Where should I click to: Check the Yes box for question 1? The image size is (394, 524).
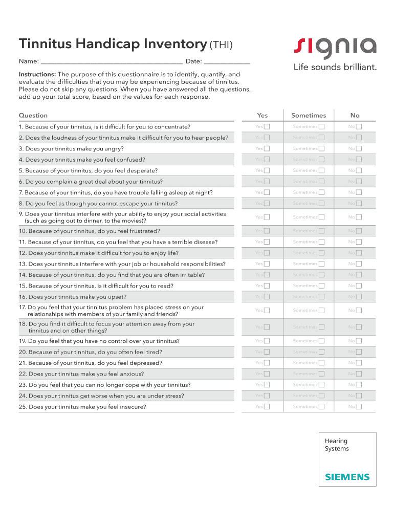[x=267, y=126]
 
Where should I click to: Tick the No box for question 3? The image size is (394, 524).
[x=359, y=148]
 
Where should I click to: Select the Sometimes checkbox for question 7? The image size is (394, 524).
[x=321, y=192]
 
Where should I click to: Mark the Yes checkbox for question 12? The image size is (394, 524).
[x=267, y=253]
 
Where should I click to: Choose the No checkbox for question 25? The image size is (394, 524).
[x=359, y=407]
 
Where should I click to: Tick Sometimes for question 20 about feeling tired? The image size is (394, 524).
[x=321, y=352]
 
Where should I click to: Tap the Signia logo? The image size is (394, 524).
[x=335, y=48]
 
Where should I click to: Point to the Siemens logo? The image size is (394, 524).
[x=347, y=477]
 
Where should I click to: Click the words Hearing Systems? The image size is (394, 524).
[x=337, y=445]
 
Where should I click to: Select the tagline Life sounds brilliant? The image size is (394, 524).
[x=335, y=67]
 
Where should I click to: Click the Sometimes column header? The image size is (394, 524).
[x=309, y=115]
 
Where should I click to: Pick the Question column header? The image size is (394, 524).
[x=33, y=115]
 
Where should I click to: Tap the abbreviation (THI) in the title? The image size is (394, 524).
[x=221, y=45]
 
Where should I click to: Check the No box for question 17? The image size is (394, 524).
[x=359, y=311]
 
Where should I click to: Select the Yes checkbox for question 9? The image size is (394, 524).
[x=267, y=217]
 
